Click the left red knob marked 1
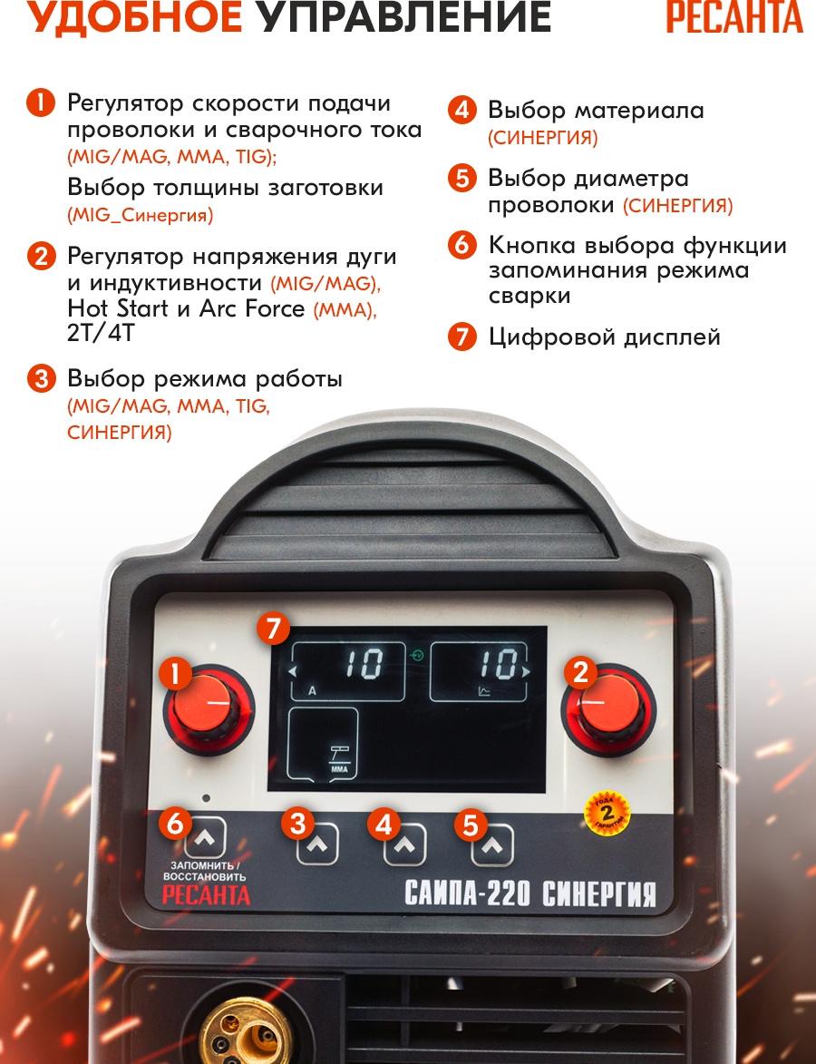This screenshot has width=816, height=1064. pos(209,709)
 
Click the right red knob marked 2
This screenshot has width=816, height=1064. pos(608,709)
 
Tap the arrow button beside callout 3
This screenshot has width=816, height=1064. pos(317,844)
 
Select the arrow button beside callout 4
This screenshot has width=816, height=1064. pos(405,844)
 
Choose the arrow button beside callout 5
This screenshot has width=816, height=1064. pos(492,844)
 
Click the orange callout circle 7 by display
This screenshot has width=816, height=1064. pos(273,629)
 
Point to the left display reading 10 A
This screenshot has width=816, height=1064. pos(348,671)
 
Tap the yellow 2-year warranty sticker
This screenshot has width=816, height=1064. pos(607,812)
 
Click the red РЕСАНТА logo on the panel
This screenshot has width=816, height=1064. pos(206,895)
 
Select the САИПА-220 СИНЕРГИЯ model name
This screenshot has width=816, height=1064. pos(530,893)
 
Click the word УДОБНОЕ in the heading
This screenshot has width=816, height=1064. pos(134,16)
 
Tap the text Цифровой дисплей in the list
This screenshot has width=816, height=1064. pos(605,337)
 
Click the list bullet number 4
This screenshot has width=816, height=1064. pos(461,110)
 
